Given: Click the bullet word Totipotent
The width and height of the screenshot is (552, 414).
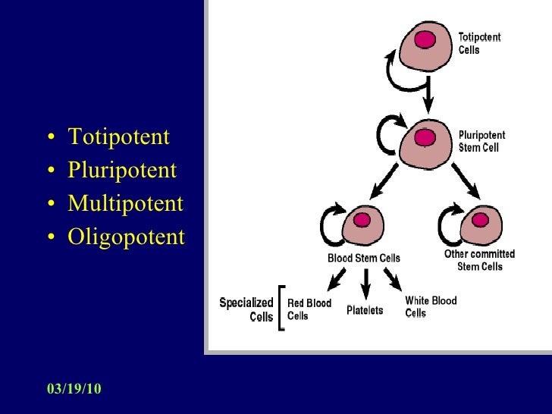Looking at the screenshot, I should pos(118,137).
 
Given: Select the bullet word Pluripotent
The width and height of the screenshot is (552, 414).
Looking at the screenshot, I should pos(121,170).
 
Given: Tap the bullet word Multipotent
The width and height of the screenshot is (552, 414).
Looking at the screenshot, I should pos(125,203).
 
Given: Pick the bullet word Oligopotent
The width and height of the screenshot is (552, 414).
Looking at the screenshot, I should pos(126,237).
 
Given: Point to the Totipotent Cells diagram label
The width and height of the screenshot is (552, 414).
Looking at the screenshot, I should pos(479,43).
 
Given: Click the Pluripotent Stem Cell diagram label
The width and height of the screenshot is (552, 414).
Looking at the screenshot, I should pos(481,142).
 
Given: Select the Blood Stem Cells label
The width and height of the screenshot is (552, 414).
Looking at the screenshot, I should pos(363,258).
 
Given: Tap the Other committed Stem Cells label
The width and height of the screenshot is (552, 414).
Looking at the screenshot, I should pos(479,260).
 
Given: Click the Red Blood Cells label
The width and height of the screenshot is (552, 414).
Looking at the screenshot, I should pos(309,309).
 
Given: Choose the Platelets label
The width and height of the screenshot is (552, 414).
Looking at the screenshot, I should pos(365,310).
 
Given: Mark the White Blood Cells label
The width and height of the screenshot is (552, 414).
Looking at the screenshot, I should pos(431,306).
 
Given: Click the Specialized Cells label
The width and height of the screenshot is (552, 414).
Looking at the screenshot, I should pos(246,309).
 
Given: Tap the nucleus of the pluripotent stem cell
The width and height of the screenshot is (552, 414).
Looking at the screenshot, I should pos(425,137).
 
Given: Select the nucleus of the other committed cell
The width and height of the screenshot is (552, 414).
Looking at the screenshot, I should pos(479,220).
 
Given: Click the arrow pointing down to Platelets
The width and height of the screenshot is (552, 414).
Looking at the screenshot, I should pos(365,282).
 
